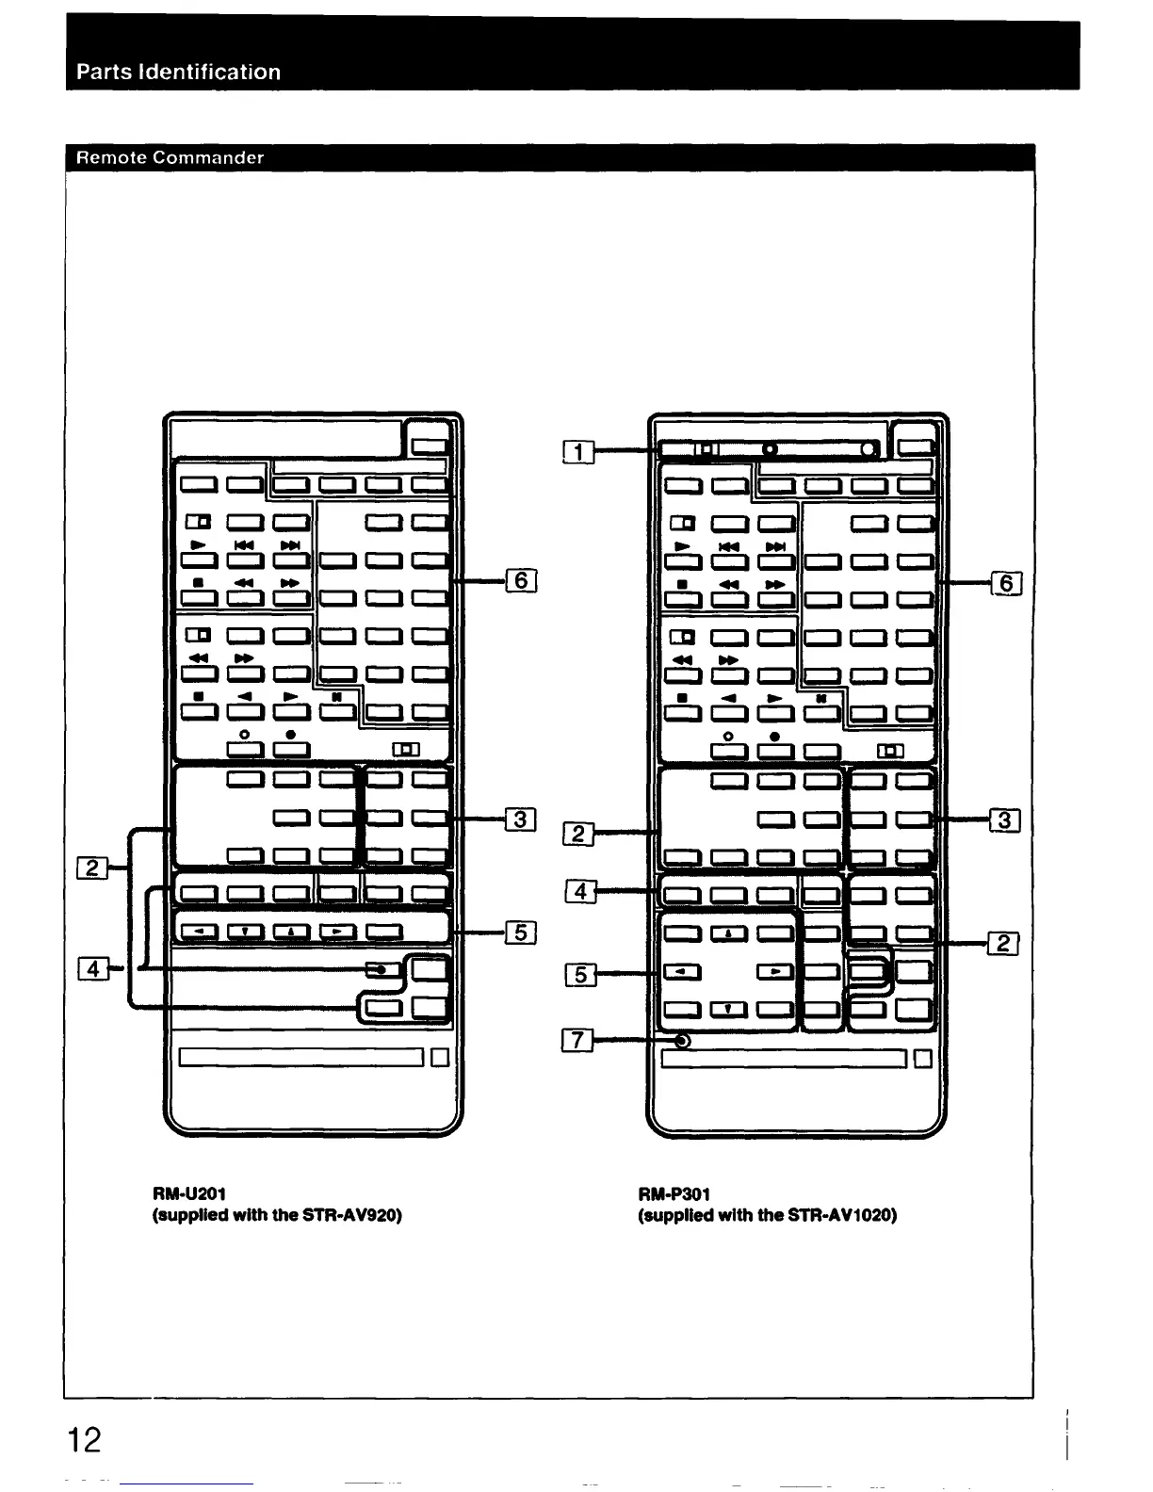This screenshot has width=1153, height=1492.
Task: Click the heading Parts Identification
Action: pyautogui.click(x=178, y=73)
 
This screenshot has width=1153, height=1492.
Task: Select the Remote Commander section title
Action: pyautogui.click(x=170, y=157)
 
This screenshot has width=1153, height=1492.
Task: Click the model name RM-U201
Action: pyautogui.click(x=187, y=1194)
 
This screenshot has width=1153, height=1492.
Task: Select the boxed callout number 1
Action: pyautogui.click(x=578, y=453)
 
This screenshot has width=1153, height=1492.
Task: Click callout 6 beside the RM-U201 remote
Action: pyautogui.click(x=521, y=582)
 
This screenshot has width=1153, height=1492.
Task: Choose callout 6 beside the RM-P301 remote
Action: pyautogui.click(x=1006, y=584)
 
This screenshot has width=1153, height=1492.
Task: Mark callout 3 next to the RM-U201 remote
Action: pyautogui.click(x=520, y=819)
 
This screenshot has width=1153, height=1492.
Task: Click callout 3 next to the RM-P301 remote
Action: pyautogui.click(x=1005, y=821)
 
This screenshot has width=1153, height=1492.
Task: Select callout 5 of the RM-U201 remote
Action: pyautogui.click(x=521, y=932)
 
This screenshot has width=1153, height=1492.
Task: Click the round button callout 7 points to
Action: pyautogui.click(x=683, y=1042)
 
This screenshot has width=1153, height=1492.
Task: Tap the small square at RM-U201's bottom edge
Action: pyautogui.click(x=438, y=1058)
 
